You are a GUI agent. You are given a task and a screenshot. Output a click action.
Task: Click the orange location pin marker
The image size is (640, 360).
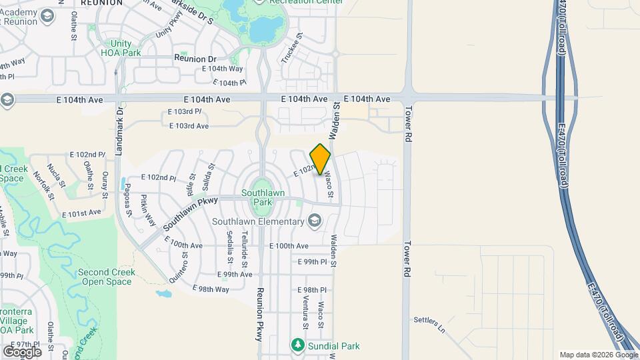(x=321, y=159)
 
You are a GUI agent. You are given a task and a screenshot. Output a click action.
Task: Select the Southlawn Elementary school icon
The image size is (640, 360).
(x=314, y=221)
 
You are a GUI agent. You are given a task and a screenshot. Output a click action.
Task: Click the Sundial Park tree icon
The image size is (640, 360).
(x=297, y=345)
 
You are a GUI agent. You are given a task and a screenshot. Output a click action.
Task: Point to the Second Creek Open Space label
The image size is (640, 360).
(x=107, y=277)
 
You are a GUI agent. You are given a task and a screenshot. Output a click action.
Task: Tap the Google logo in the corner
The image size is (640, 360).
(x=22, y=351)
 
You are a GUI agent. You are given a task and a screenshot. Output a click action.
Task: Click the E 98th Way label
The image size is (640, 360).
(x=211, y=289)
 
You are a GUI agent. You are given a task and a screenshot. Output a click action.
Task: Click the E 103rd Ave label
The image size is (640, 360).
(x=189, y=125)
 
